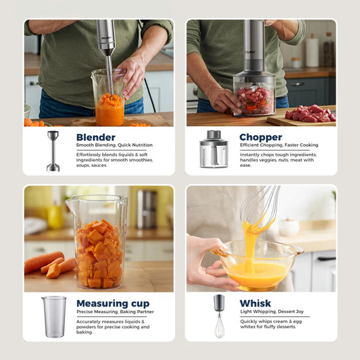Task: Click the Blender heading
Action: tap(95, 137)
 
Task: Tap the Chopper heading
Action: tap(261, 137)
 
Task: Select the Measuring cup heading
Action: tap(113, 303)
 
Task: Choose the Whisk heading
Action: tap(255, 303)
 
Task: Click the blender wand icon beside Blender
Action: tap(53, 151)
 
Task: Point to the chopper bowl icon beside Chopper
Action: tap(213, 149)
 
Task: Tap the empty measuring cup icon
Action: tap(53, 316)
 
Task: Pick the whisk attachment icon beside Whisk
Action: tap(219, 315)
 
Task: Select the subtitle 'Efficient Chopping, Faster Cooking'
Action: tap(278, 145)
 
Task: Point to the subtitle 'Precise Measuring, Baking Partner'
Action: tap(115, 311)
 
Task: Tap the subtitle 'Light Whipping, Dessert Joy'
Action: tap(272, 311)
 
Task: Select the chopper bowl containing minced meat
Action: tap(254, 99)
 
